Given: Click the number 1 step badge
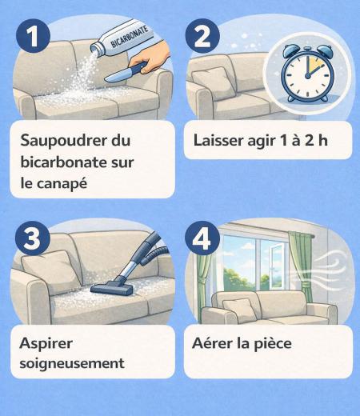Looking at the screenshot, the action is point(33,36).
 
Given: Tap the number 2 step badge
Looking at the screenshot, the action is point(202,36).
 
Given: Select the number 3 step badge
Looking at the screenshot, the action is point(33,238).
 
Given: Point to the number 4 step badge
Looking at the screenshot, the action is point(202,238).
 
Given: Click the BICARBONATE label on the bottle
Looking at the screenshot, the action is point(130,37).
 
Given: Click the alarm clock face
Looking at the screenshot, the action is point(308,75).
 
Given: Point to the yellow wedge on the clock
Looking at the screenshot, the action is point(313,65).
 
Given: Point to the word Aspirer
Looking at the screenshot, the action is point(46,344).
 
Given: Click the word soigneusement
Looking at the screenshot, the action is point(72,363).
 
